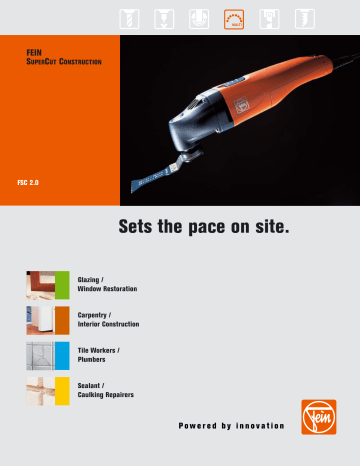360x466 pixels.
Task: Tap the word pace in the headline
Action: pos(216,228)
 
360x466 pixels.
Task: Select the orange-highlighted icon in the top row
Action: pos(234,15)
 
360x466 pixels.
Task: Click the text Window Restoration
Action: pos(107,289)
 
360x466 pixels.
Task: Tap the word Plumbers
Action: pos(93,361)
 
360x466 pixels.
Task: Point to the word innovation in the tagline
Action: pos(254,427)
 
